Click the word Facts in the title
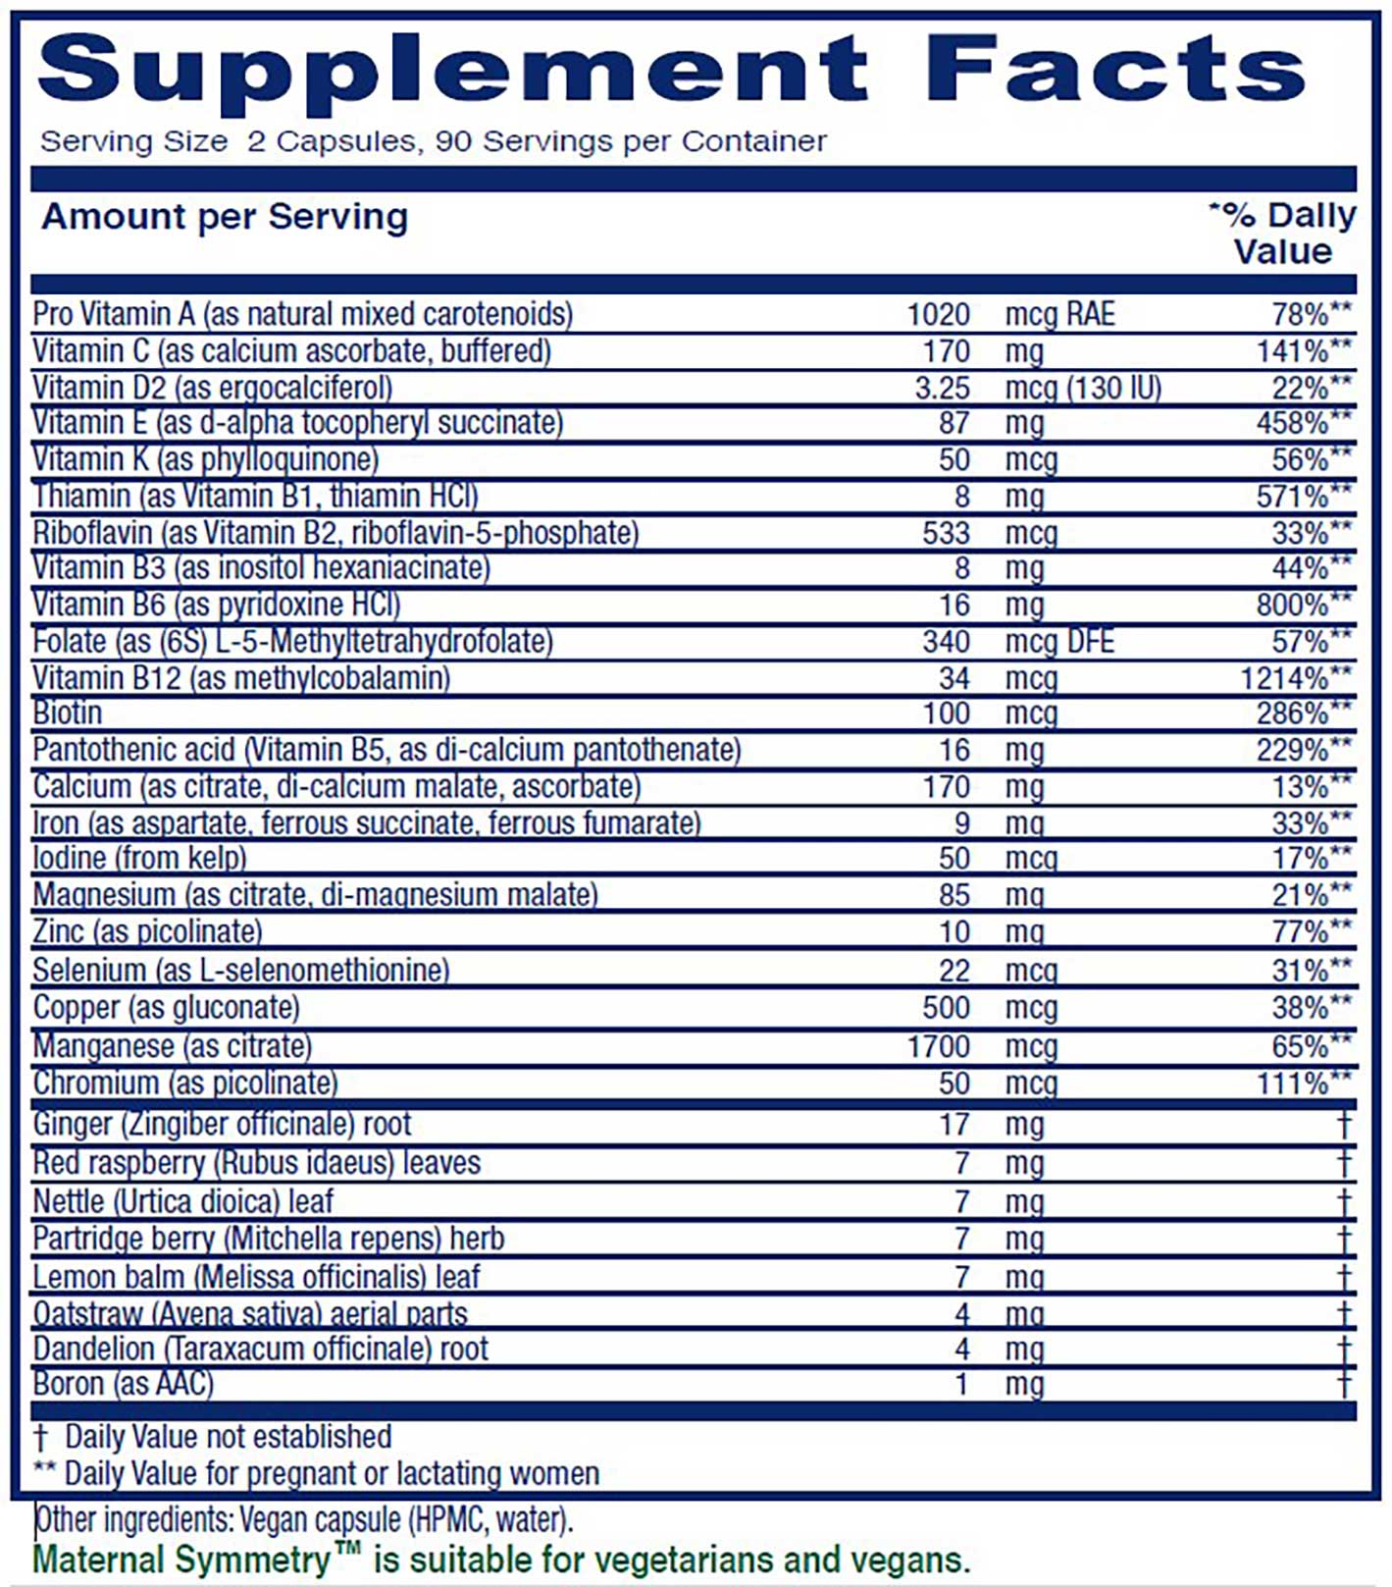click(x=1114, y=69)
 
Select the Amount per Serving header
click(x=225, y=217)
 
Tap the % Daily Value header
click(x=1283, y=234)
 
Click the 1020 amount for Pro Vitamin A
click(x=939, y=315)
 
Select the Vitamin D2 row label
click(x=213, y=388)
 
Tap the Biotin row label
click(x=68, y=714)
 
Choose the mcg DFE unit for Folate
click(x=1059, y=642)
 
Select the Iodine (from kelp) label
click(x=139, y=859)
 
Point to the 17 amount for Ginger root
click(x=954, y=1125)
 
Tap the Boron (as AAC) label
click(x=124, y=1384)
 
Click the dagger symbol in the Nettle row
click(x=1344, y=1201)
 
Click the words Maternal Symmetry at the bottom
click(x=182, y=1561)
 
